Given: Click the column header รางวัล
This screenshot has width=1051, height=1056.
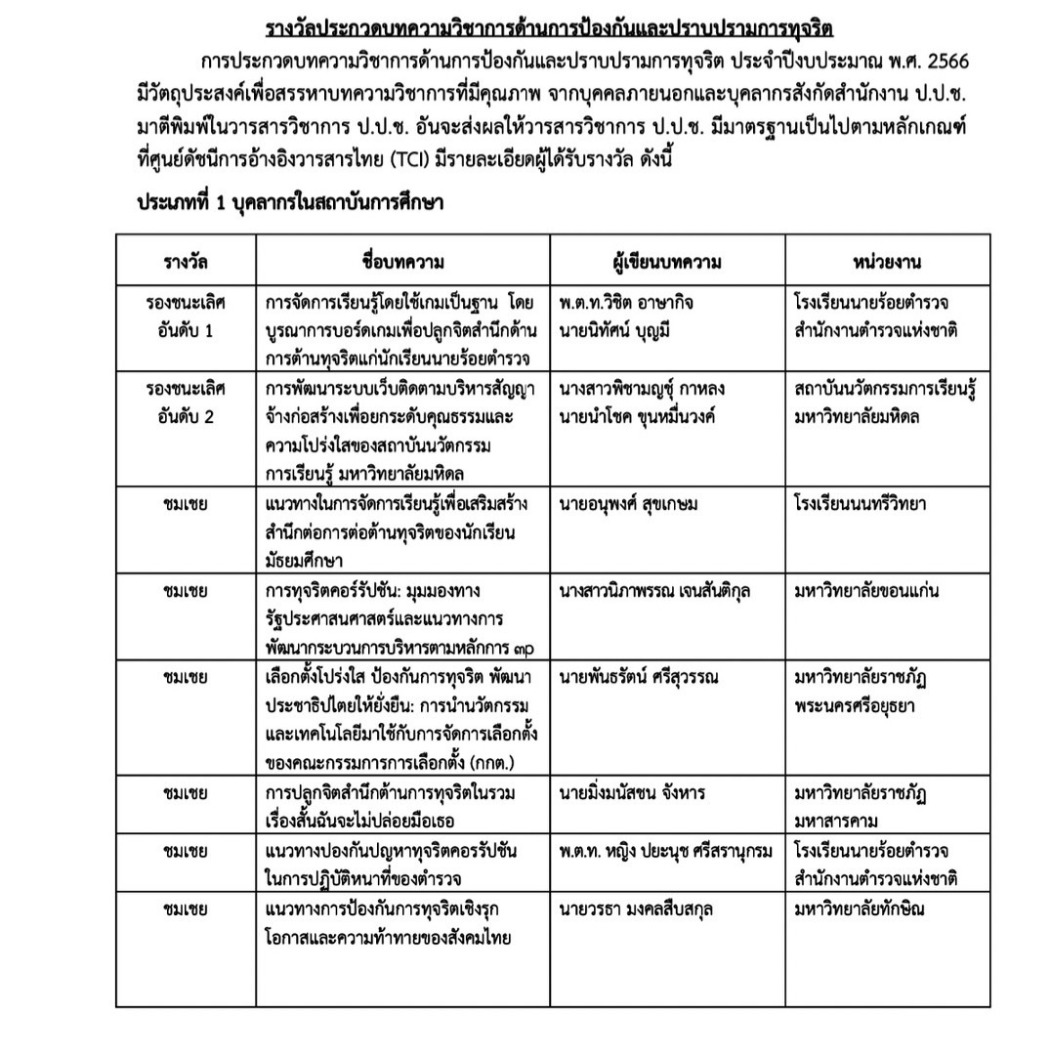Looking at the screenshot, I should tap(186, 262).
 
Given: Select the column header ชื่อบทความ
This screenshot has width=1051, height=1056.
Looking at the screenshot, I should tap(402, 262).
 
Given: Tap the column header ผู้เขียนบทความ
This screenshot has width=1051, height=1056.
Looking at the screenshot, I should tap(668, 262).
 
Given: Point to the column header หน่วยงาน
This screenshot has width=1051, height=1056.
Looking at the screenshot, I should tap(887, 262).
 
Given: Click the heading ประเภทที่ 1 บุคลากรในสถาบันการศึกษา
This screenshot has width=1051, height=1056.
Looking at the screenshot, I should tap(290, 204).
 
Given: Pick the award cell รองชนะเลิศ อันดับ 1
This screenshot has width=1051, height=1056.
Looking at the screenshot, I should tap(186, 316).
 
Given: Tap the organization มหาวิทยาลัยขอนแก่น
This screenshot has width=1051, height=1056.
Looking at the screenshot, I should tap(867, 592).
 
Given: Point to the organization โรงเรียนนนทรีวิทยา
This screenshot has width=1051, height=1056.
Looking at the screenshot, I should tap(861, 505).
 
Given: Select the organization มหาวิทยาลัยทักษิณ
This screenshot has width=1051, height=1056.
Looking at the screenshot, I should tap(860, 909).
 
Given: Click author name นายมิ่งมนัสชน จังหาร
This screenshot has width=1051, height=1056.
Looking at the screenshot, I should tap(632, 793).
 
